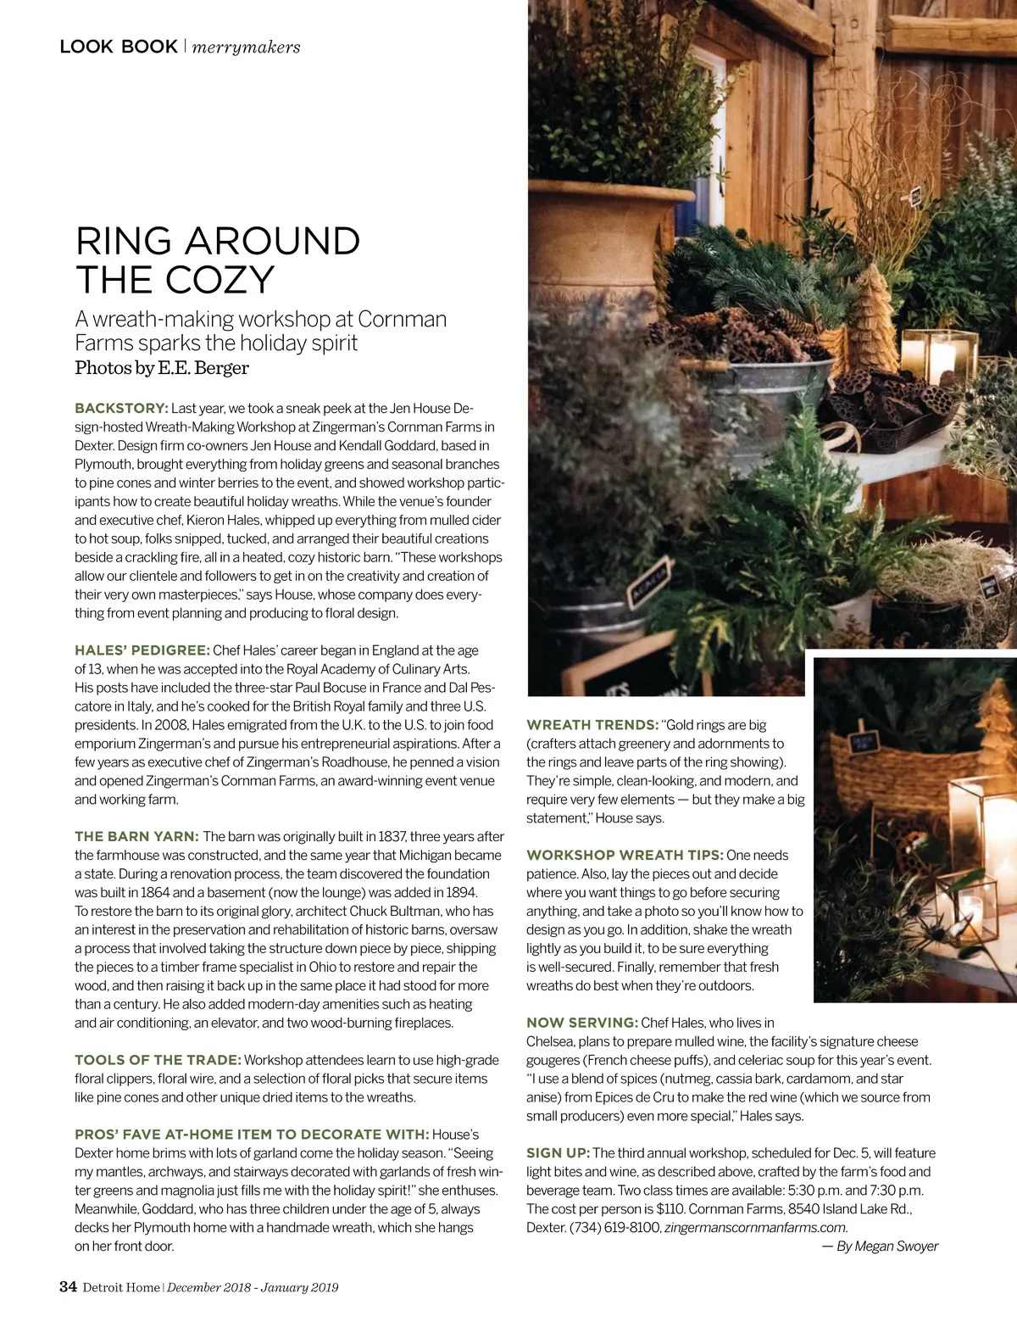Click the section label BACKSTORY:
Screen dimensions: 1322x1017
click(x=121, y=409)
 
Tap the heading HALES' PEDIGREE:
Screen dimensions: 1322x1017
click(x=142, y=650)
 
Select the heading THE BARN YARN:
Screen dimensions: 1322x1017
click(x=136, y=837)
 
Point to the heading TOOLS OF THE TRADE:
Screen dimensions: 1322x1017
click(x=158, y=1060)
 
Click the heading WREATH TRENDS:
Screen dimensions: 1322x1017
click(x=592, y=725)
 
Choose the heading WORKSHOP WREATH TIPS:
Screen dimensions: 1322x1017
click(x=625, y=856)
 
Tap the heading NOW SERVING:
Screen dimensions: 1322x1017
click(x=581, y=1024)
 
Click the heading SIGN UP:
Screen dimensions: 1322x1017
click(x=558, y=1153)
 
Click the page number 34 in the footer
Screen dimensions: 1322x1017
click(x=68, y=1287)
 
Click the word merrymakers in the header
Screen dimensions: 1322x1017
click(x=246, y=47)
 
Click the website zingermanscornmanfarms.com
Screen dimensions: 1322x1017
click(x=756, y=1228)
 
